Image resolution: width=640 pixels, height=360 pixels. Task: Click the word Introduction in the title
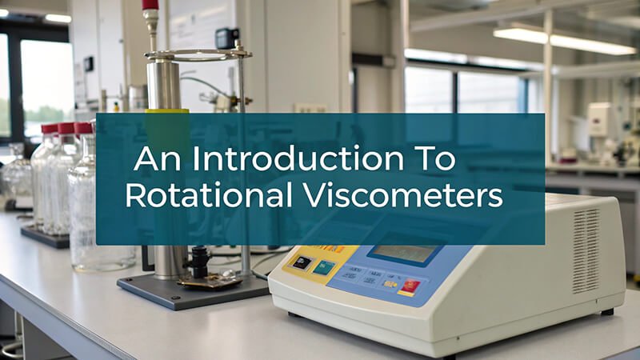(298, 158)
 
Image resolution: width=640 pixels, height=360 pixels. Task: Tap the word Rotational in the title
(209, 194)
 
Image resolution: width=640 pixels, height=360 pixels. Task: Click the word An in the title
(157, 158)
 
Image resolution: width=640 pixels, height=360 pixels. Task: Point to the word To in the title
(435, 158)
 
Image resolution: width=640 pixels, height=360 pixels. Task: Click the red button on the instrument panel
(410, 286)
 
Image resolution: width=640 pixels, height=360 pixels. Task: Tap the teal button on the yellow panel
(324, 267)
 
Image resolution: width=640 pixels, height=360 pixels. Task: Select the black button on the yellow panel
(302, 262)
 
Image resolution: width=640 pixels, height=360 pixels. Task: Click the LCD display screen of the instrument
(404, 253)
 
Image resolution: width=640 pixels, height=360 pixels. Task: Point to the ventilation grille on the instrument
(586, 250)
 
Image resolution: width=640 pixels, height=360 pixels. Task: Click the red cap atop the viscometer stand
(150, 5)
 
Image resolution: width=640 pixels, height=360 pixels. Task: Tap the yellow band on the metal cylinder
(167, 110)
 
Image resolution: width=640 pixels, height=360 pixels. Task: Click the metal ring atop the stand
(198, 54)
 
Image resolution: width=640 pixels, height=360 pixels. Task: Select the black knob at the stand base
(201, 261)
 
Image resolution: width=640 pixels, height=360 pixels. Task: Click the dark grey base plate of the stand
(193, 290)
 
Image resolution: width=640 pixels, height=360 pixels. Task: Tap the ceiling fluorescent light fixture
(565, 41)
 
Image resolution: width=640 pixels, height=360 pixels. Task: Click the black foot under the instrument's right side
(607, 312)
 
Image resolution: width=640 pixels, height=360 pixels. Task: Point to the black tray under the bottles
(45, 237)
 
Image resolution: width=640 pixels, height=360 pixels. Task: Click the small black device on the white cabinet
(226, 38)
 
